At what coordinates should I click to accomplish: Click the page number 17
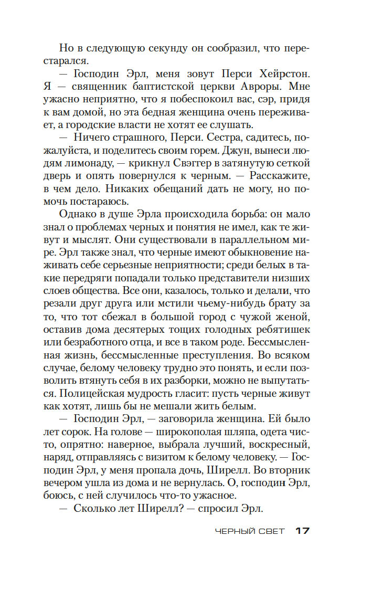[302, 531]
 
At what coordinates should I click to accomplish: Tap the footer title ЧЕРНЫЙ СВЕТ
[250, 531]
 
